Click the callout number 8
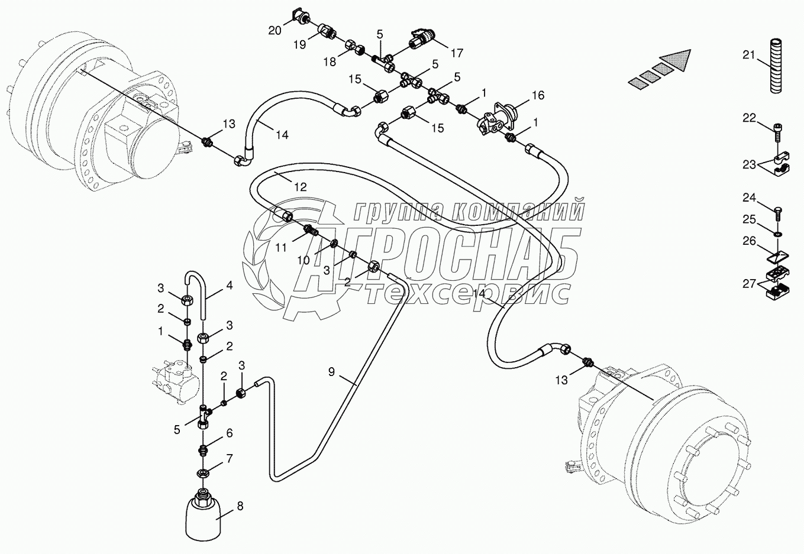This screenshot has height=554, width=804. [240, 506]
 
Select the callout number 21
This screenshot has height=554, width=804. [749, 56]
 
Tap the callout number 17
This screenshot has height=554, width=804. [456, 53]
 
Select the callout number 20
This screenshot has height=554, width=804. [275, 30]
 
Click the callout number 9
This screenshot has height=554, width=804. [331, 371]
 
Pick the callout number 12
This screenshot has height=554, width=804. [301, 187]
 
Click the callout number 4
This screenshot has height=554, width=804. [229, 286]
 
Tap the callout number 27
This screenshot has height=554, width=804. [749, 284]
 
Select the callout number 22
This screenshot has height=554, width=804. [749, 118]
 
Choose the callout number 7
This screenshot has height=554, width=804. [229, 459]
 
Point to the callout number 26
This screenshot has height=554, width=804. [749, 241]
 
